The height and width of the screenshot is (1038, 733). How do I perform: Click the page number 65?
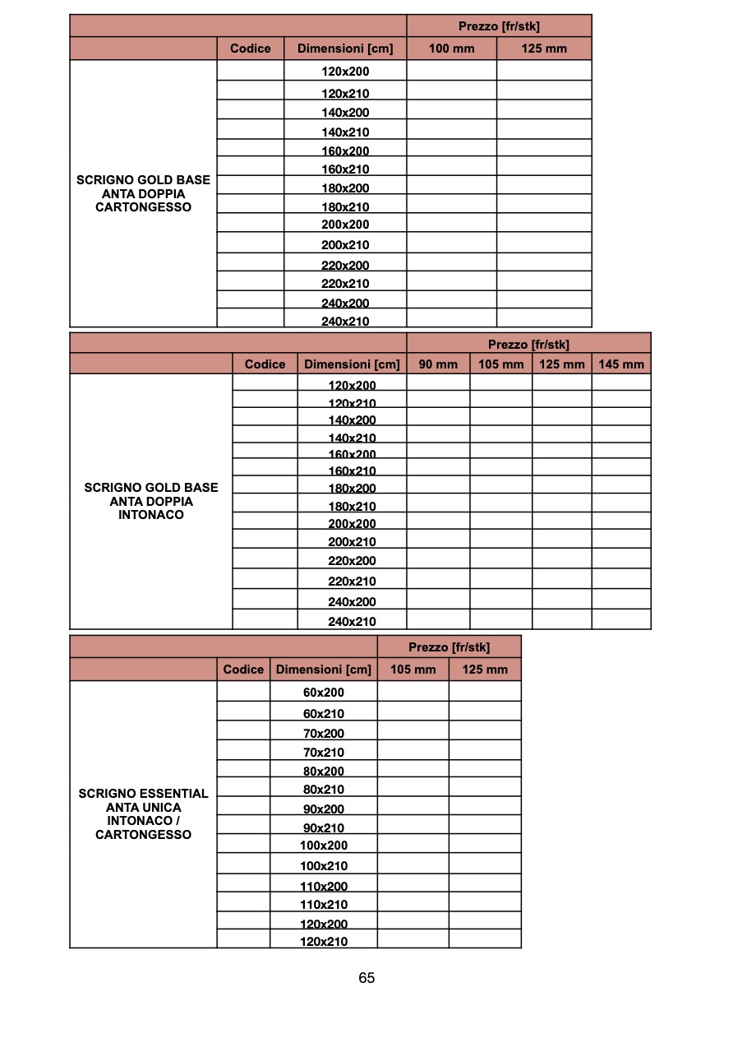click(366, 978)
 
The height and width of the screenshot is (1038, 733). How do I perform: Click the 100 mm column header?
click(451, 49)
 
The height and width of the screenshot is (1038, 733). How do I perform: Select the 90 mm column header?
click(438, 364)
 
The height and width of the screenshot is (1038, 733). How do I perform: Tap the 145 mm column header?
click(621, 364)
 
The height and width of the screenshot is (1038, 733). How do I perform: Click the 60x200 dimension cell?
click(324, 693)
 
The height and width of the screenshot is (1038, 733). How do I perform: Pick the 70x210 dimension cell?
click(324, 752)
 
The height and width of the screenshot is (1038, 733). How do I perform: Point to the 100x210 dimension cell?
click(324, 865)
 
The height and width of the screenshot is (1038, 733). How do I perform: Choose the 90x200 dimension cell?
click(324, 809)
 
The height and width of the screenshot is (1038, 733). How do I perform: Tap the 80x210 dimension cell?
click(324, 789)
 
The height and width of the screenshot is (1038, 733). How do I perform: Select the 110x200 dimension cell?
click(324, 886)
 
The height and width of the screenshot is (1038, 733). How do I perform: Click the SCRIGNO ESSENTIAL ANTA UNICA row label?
click(143, 814)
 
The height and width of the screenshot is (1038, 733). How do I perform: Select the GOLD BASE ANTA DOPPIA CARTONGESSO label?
click(143, 193)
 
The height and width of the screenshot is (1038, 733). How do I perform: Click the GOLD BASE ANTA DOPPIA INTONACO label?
click(151, 501)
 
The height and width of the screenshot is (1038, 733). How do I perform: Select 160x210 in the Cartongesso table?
click(345, 169)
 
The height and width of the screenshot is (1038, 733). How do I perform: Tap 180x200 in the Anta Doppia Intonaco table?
click(352, 488)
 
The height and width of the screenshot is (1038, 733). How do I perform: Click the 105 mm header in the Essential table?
click(413, 670)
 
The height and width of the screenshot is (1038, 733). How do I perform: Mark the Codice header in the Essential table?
click(243, 670)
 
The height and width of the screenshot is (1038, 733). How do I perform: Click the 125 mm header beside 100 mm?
click(544, 49)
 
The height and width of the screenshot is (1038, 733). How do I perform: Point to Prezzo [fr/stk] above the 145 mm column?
click(528, 344)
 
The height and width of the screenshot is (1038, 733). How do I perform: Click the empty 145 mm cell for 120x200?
click(621, 382)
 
